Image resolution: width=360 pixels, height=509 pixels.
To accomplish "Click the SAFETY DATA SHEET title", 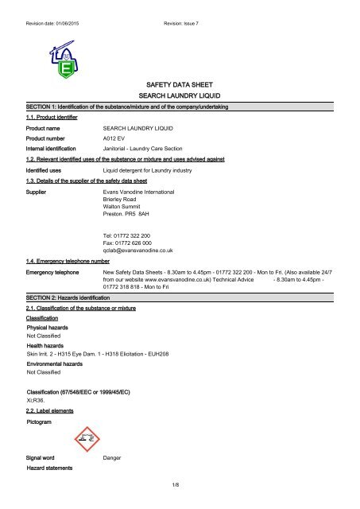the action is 180,83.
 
